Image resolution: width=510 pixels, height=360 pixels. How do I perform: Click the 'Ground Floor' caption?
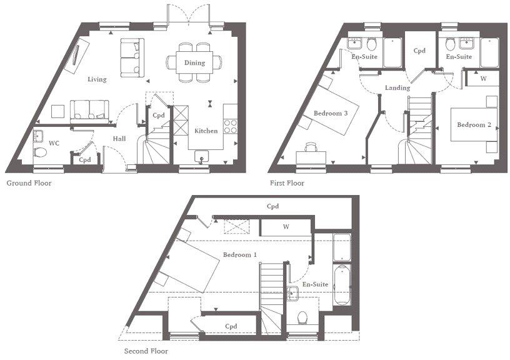pyautogui.click(x=29, y=184)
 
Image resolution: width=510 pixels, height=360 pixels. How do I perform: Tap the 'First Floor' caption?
pyautogui.click(x=286, y=184)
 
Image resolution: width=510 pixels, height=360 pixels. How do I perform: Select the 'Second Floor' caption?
pyautogui.click(x=146, y=351)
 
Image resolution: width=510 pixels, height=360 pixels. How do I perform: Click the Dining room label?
pyautogui.click(x=194, y=62)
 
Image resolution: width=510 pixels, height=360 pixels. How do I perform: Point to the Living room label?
pyautogui.click(x=97, y=79)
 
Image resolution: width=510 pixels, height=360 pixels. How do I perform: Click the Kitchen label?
pyautogui.click(x=206, y=131)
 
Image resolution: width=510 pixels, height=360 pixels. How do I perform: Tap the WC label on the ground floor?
pyautogui.click(x=54, y=143)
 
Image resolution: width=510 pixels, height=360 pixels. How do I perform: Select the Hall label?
pyautogui.click(x=120, y=139)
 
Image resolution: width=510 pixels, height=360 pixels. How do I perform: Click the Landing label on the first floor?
pyautogui.click(x=397, y=88)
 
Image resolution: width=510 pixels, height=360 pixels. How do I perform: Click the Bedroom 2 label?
pyautogui.click(x=473, y=125)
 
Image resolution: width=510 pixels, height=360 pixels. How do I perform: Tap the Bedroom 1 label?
pyautogui.click(x=240, y=254)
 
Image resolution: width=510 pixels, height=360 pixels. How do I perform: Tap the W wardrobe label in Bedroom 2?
pyautogui.click(x=484, y=79)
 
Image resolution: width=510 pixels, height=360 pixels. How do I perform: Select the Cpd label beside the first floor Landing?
pyautogui.click(x=419, y=51)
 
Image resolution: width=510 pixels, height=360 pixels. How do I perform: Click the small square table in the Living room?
pyautogui.click(x=58, y=111)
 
